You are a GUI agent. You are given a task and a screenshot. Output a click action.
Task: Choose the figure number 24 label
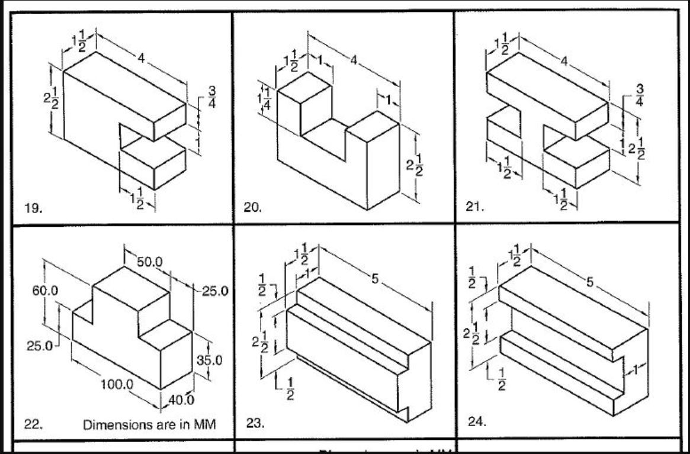pyautogui.click(x=477, y=421)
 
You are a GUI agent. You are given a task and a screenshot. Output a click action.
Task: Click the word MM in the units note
pyautogui.click(x=203, y=424)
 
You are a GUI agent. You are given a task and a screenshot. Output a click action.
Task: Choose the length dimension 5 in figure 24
pyautogui.click(x=589, y=282)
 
